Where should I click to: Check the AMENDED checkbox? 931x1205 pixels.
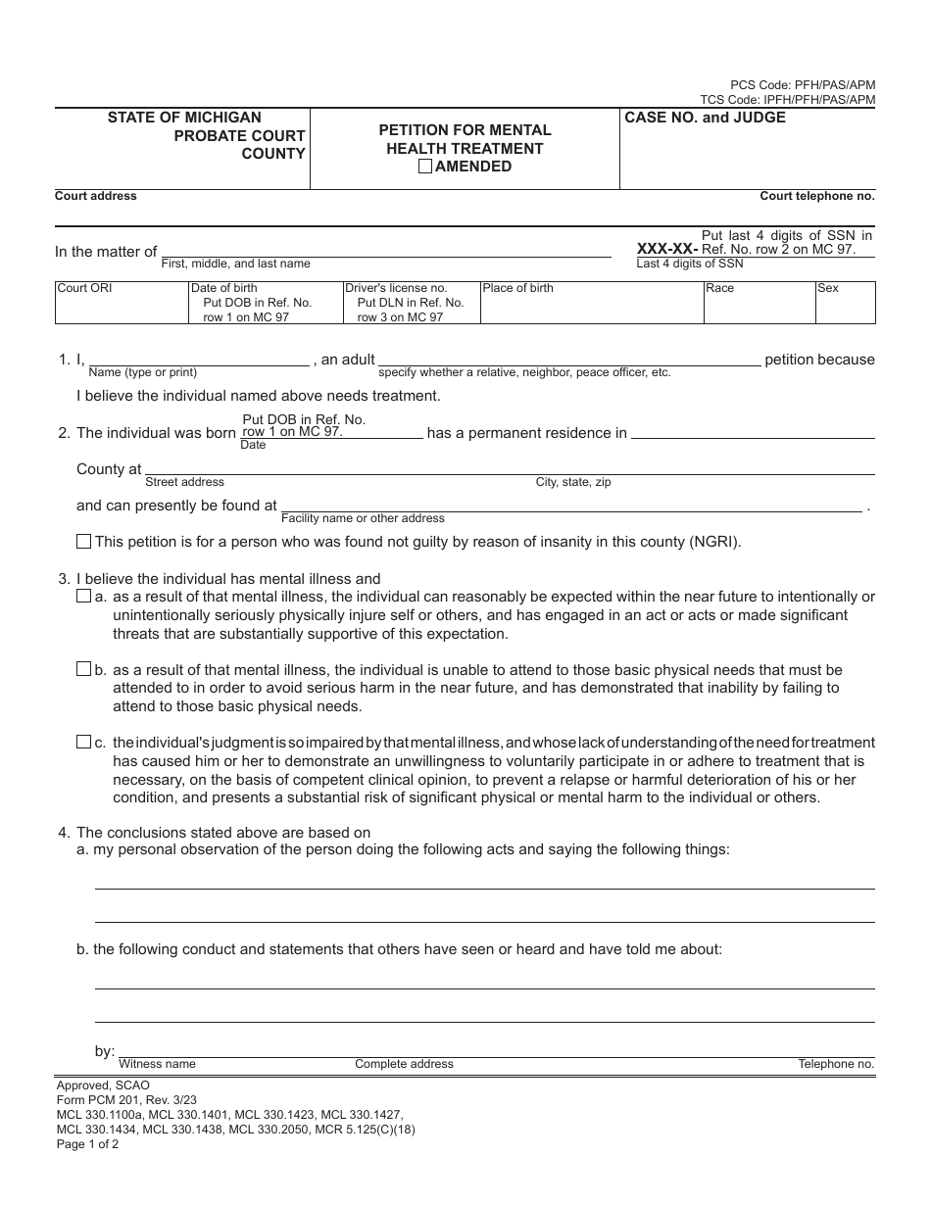[x=425, y=167]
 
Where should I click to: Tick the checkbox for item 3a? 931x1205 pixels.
[x=83, y=597]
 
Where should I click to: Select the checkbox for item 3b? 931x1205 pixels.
[x=83, y=669]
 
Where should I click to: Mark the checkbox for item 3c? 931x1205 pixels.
[x=83, y=742]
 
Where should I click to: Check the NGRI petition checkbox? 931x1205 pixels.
[x=83, y=542]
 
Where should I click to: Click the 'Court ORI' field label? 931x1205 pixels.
[x=85, y=288]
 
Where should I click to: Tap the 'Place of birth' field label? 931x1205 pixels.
[x=517, y=288]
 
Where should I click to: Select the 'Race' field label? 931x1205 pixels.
[x=719, y=288]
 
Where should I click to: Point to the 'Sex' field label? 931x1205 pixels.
[x=828, y=288]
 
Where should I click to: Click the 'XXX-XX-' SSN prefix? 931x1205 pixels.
[x=667, y=249]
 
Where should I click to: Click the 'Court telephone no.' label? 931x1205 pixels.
[x=817, y=196]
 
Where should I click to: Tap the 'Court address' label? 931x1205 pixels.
[x=96, y=196]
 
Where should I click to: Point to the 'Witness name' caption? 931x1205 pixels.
[x=157, y=1064]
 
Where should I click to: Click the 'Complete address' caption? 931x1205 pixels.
[x=404, y=1064]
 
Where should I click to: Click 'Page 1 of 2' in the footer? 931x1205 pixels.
[x=88, y=1143]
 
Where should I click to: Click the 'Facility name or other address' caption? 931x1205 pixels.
[x=363, y=518]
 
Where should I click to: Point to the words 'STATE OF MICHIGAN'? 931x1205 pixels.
[x=184, y=118]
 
